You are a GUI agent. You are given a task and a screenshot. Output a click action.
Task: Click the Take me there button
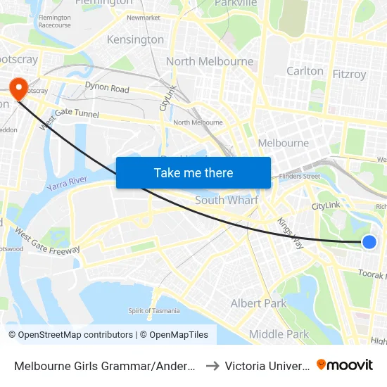[x=193, y=172]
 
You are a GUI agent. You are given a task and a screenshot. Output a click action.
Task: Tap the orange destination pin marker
[x=17, y=88]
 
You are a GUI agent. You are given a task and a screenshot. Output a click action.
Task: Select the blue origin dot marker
[x=369, y=242]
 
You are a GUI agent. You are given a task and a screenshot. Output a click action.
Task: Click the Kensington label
[x=135, y=39]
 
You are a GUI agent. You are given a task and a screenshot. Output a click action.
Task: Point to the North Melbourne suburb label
[x=209, y=61]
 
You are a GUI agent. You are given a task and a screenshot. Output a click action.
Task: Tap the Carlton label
[x=305, y=71]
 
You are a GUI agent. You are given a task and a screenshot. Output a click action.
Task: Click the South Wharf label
[x=227, y=201]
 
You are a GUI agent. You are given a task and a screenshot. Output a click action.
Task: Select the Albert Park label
[x=259, y=303]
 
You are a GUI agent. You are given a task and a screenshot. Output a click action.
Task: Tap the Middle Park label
[x=279, y=334]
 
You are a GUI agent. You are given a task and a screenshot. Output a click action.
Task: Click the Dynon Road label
[x=107, y=89]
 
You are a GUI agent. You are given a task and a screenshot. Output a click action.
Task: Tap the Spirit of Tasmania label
[x=153, y=311]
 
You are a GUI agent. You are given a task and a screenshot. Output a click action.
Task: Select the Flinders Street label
[x=299, y=176]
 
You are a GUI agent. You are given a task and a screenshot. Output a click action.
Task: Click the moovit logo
[x=345, y=364]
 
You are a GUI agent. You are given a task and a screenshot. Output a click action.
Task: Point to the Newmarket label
[x=144, y=17]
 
